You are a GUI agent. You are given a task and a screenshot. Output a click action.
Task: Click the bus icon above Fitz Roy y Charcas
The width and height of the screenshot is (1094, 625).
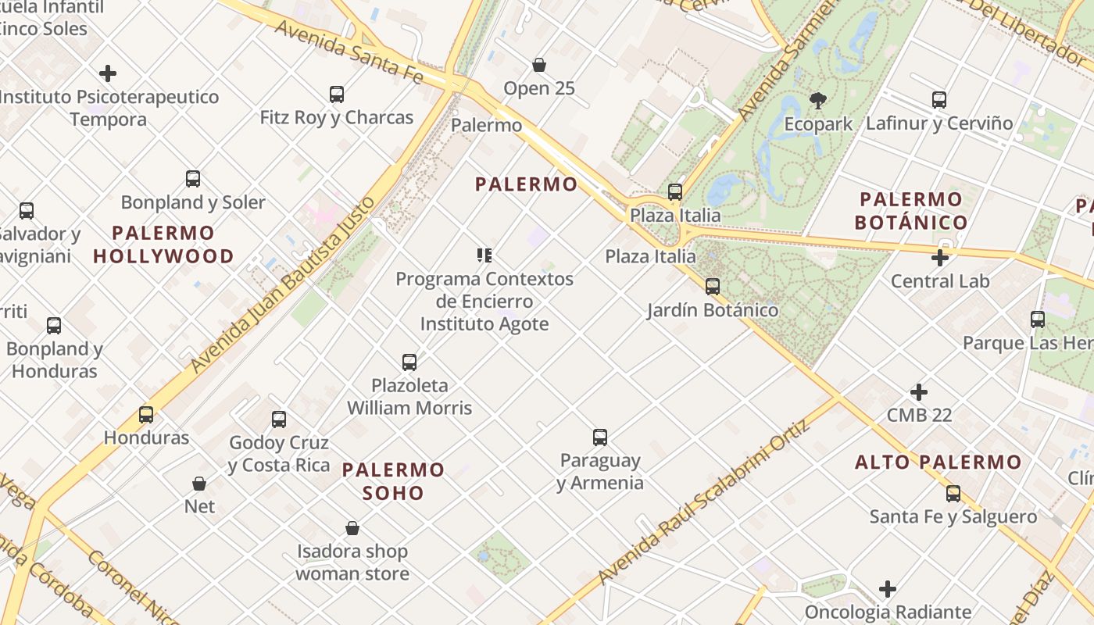(x=337, y=95)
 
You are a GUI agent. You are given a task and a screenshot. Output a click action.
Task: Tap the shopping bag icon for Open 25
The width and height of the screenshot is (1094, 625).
(x=538, y=65)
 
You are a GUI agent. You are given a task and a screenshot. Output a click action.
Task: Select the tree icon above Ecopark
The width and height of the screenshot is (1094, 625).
(x=818, y=100)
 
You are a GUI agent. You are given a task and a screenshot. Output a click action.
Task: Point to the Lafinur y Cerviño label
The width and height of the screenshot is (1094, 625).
(x=939, y=123)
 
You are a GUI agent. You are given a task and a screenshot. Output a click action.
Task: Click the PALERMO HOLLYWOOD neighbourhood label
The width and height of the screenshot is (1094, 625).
(x=163, y=245)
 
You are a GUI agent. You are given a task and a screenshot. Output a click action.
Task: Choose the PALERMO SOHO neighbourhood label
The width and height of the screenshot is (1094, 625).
(x=394, y=481)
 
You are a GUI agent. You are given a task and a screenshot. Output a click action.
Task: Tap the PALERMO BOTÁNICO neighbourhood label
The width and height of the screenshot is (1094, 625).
(x=911, y=211)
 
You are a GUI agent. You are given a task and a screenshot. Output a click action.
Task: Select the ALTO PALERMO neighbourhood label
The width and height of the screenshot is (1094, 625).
(x=938, y=462)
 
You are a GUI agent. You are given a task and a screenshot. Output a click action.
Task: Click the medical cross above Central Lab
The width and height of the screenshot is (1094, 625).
(x=940, y=257)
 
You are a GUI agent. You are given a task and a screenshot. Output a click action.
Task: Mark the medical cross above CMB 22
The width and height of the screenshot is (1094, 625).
(x=919, y=391)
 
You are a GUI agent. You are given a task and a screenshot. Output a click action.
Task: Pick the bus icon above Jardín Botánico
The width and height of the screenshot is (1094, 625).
(x=712, y=287)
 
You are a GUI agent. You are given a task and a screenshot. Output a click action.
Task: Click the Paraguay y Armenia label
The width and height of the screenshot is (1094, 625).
(x=600, y=472)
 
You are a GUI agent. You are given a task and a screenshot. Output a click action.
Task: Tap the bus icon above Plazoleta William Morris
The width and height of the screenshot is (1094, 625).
(x=409, y=362)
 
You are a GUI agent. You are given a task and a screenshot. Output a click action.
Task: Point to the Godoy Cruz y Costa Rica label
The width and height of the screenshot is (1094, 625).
(x=279, y=454)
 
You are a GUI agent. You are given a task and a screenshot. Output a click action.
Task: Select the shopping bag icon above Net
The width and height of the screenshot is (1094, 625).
(x=199, y=484)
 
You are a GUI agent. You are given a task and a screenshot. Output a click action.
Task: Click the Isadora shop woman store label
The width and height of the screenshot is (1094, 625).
(x=352, y=562)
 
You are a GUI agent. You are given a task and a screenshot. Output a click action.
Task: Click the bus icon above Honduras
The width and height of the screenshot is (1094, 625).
(x=146, y=414)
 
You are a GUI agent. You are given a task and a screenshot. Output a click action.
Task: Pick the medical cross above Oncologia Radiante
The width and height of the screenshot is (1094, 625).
(x=888, y=588)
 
